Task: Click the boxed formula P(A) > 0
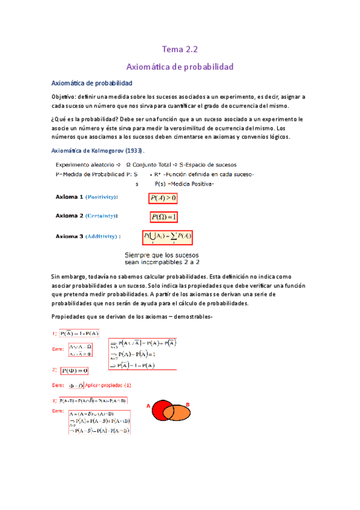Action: point(163,198)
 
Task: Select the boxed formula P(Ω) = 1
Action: point(164,217)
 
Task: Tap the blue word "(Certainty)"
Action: point(102,215)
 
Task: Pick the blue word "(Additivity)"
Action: point(103,236)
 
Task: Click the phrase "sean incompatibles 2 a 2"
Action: point(162,262)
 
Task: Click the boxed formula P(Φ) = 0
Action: point(75,370)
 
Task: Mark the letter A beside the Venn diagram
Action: point(148,406)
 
